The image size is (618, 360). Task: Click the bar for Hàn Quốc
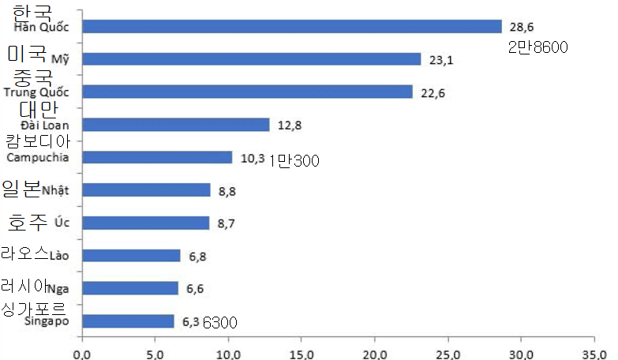point(292,26)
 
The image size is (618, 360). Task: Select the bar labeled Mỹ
point(251,59)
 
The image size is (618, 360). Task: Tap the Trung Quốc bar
point(247,92)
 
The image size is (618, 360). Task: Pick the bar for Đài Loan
point(176,125)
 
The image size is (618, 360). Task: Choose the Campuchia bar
point(157,157)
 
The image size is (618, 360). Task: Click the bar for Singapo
point(128,321)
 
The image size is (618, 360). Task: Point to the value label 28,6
point(522,27)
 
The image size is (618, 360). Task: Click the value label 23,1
point(440,60)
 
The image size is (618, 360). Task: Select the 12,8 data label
point(290,126)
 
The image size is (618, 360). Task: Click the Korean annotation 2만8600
point(538,47)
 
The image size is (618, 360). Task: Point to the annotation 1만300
point(293,161)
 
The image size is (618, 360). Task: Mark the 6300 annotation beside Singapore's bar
point(220,322)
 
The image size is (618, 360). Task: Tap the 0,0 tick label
point(82,354)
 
